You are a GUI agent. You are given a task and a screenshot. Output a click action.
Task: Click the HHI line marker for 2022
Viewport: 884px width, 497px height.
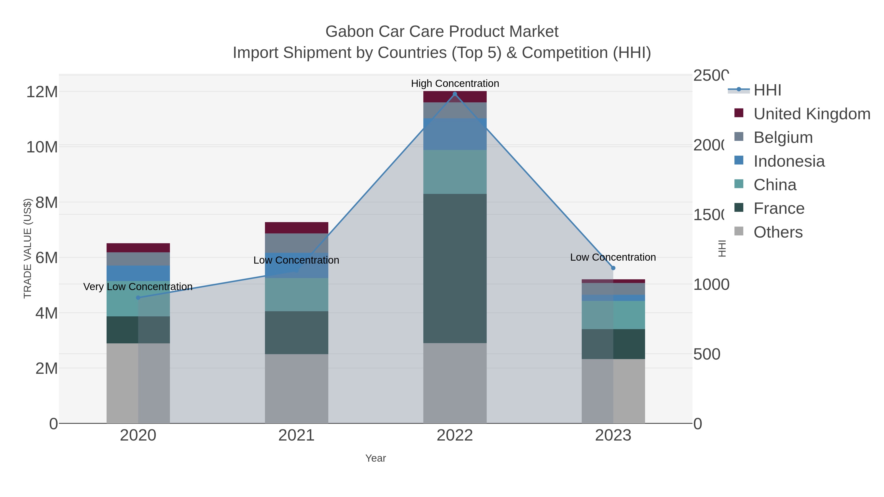point(455,94)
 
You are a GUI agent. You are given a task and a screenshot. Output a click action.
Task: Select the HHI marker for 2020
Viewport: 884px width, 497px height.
point(138,298)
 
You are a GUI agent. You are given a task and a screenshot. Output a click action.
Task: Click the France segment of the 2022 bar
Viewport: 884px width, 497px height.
point(455,268)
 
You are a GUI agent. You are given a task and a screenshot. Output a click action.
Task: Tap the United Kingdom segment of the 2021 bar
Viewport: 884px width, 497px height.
point(296,228)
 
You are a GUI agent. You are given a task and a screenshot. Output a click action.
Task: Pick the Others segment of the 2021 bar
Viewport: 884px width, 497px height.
point(296,388)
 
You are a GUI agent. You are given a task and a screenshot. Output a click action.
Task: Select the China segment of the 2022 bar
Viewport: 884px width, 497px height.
point(455,172)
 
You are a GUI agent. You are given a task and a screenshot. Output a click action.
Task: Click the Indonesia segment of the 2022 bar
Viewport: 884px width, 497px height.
point(455,134)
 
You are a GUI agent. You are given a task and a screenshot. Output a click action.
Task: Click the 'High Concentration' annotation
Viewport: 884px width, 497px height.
point(455,83)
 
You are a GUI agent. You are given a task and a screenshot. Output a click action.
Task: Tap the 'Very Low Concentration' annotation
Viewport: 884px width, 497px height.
point(138,287)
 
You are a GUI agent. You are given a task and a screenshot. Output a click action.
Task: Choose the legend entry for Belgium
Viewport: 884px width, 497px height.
point(783,137)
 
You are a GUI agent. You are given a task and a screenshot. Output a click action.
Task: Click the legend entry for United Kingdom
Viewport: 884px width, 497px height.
point(812,114)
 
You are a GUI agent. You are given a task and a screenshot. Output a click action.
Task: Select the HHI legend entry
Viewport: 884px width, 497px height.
point(767,90)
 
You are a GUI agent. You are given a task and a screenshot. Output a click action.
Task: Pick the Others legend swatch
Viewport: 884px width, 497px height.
point(739,231)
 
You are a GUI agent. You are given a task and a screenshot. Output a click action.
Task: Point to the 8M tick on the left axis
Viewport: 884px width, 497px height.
point(47,203)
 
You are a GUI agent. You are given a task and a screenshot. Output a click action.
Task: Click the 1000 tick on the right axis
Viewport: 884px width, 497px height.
point(711,285)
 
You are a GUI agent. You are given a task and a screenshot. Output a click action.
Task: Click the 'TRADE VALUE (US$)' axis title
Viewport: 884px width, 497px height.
point(28,248)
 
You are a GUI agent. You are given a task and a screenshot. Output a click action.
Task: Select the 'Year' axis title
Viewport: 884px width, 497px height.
point(375,458)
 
